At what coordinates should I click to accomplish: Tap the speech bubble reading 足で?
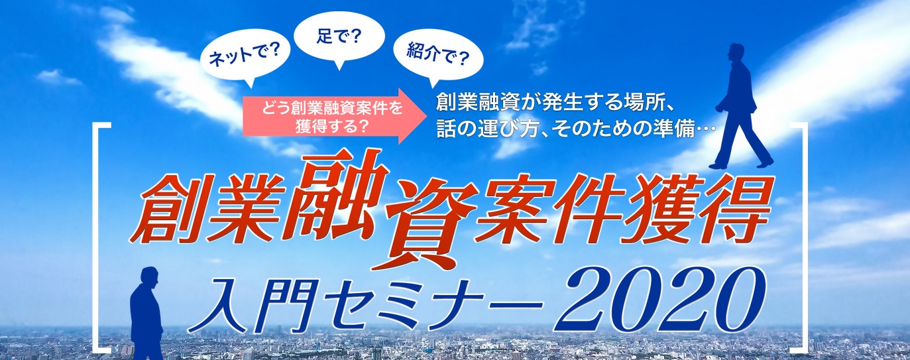click(339, 38)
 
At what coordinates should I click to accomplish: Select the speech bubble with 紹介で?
click(439, 58)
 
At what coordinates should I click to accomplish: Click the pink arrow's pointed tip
click(427, 116)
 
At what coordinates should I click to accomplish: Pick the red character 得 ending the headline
click(728, 208)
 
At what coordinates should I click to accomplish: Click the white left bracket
click(99, 241)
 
